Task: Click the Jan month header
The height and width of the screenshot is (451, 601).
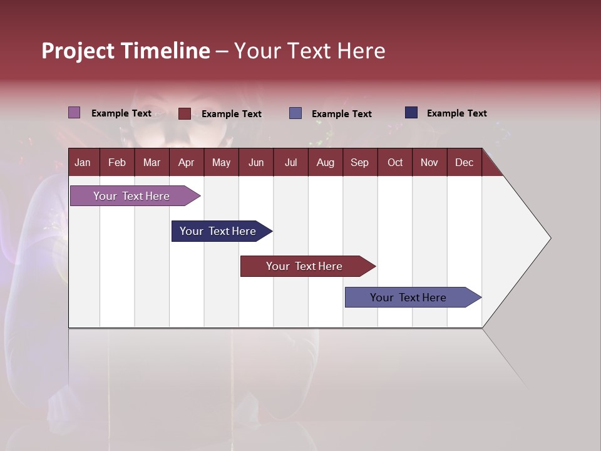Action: (x=83, y=163)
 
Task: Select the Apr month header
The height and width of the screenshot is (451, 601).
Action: (x=186, y=163)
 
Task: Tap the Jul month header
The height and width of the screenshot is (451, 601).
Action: (x=290, y=163)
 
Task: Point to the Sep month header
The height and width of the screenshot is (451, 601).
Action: (x=359, y=163)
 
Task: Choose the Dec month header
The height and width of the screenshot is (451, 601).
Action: (x=464, y=163)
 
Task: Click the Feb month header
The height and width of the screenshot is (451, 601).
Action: (x=117, y=163)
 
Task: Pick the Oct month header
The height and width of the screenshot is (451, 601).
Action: (x=395, y=163)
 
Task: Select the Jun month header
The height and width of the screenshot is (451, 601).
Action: (x=256, y=163)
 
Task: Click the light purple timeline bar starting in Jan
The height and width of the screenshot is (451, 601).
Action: (x=131, y=196)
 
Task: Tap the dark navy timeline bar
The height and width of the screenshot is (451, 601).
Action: (x=218, y=231)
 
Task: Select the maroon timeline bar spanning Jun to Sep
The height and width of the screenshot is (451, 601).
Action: (x=304, y=266)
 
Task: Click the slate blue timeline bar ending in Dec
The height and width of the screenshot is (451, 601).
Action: (x=408, y=298)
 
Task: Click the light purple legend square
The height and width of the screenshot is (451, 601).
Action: (x=74, y=113)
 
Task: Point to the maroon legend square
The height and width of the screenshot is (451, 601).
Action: (x=184, y=113)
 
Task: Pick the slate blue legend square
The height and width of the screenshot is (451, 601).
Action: (x=295, y=113)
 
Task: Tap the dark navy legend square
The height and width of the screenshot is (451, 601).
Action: (x=411, y=113)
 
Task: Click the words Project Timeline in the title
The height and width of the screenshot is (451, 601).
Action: (x=125, y=51)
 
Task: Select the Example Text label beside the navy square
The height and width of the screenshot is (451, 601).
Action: (x=456, y=113)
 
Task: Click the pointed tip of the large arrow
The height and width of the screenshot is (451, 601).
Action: (x=549, y=238)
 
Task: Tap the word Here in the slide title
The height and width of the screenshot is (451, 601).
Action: (x=361, y=51)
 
